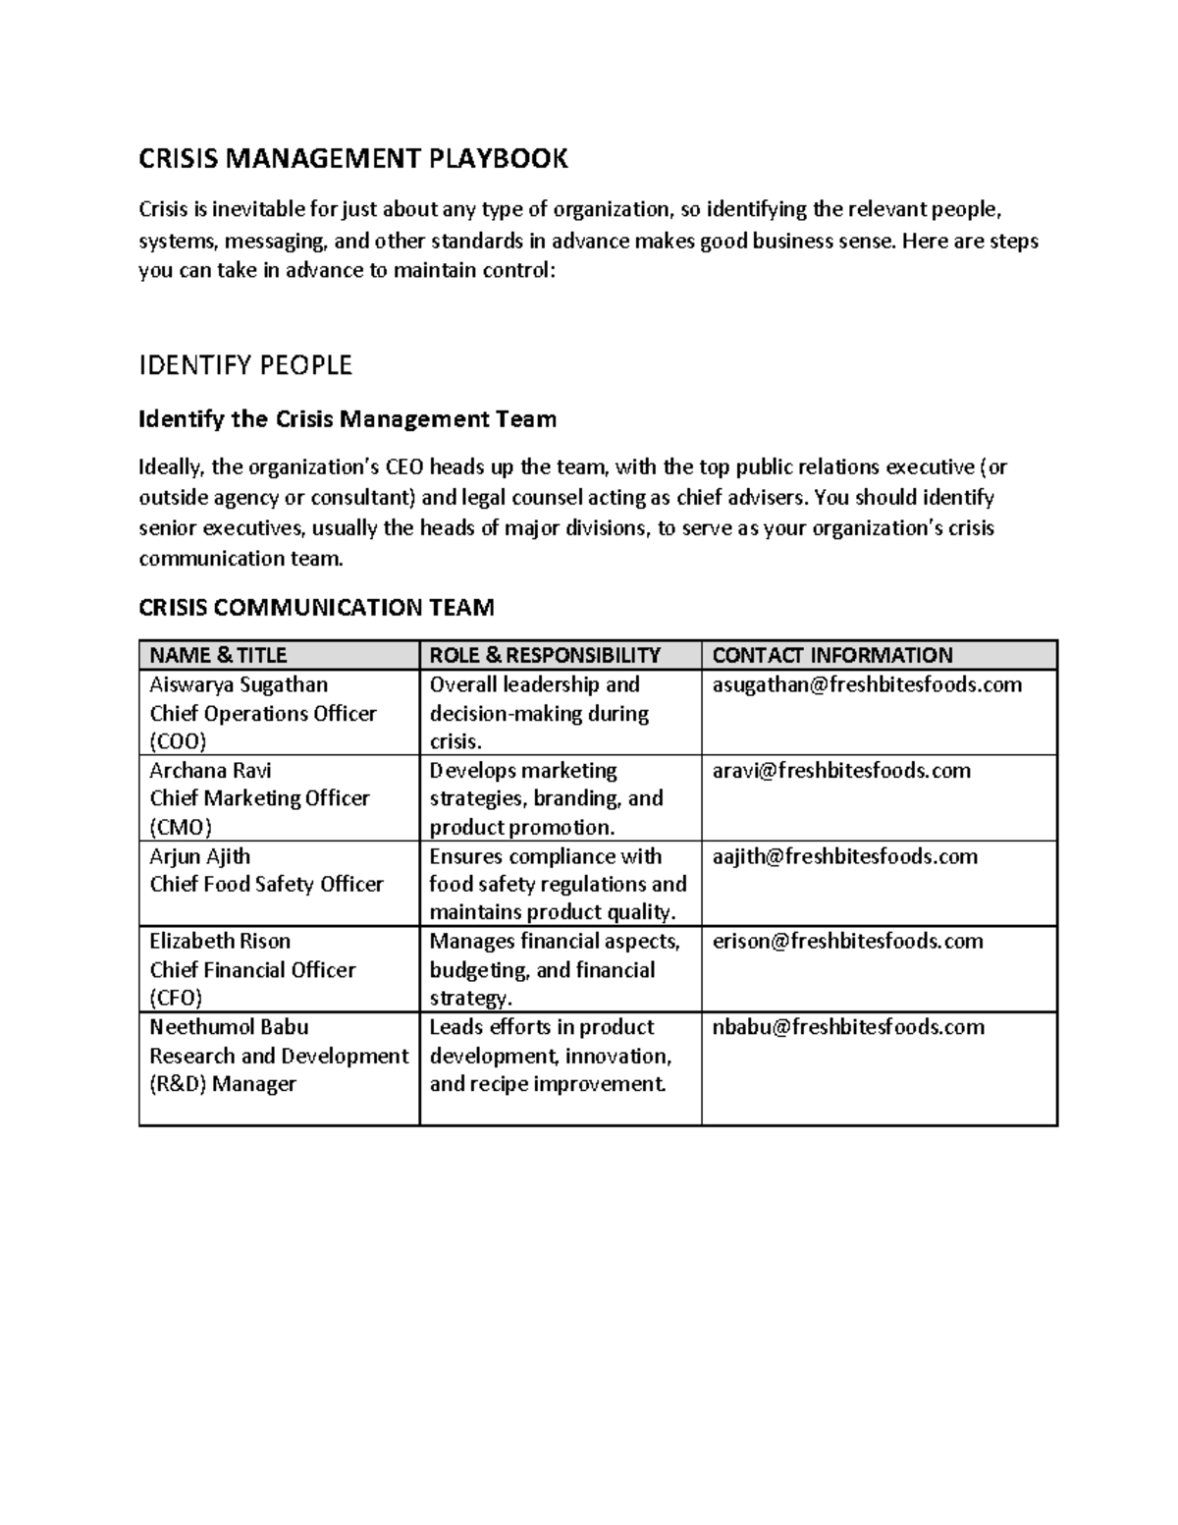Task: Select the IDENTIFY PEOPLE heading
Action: (x=245, y=366)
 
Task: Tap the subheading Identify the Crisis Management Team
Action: (x=348, y=420)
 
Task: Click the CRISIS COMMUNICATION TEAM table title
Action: (x=316, y=608)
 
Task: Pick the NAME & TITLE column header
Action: (x=218, y=655)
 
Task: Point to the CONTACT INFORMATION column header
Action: (x=831, y=655)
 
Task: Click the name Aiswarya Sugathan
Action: (x=239, y=684)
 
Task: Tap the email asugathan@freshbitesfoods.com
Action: (x=867, y=684)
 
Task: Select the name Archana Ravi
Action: (x=210, y=770)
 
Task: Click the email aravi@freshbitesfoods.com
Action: (x=841, y=770)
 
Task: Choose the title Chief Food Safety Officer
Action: (x=266, y=884)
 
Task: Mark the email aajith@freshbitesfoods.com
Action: (x=844, y=856)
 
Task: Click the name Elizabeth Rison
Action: (x=220, y=941)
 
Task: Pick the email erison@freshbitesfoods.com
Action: (x=847, y=941)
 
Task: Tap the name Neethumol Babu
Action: (x=229, y=1027)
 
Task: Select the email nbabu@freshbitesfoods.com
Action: (x=848, y=1027)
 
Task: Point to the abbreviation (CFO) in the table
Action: (x=176, y=998)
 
